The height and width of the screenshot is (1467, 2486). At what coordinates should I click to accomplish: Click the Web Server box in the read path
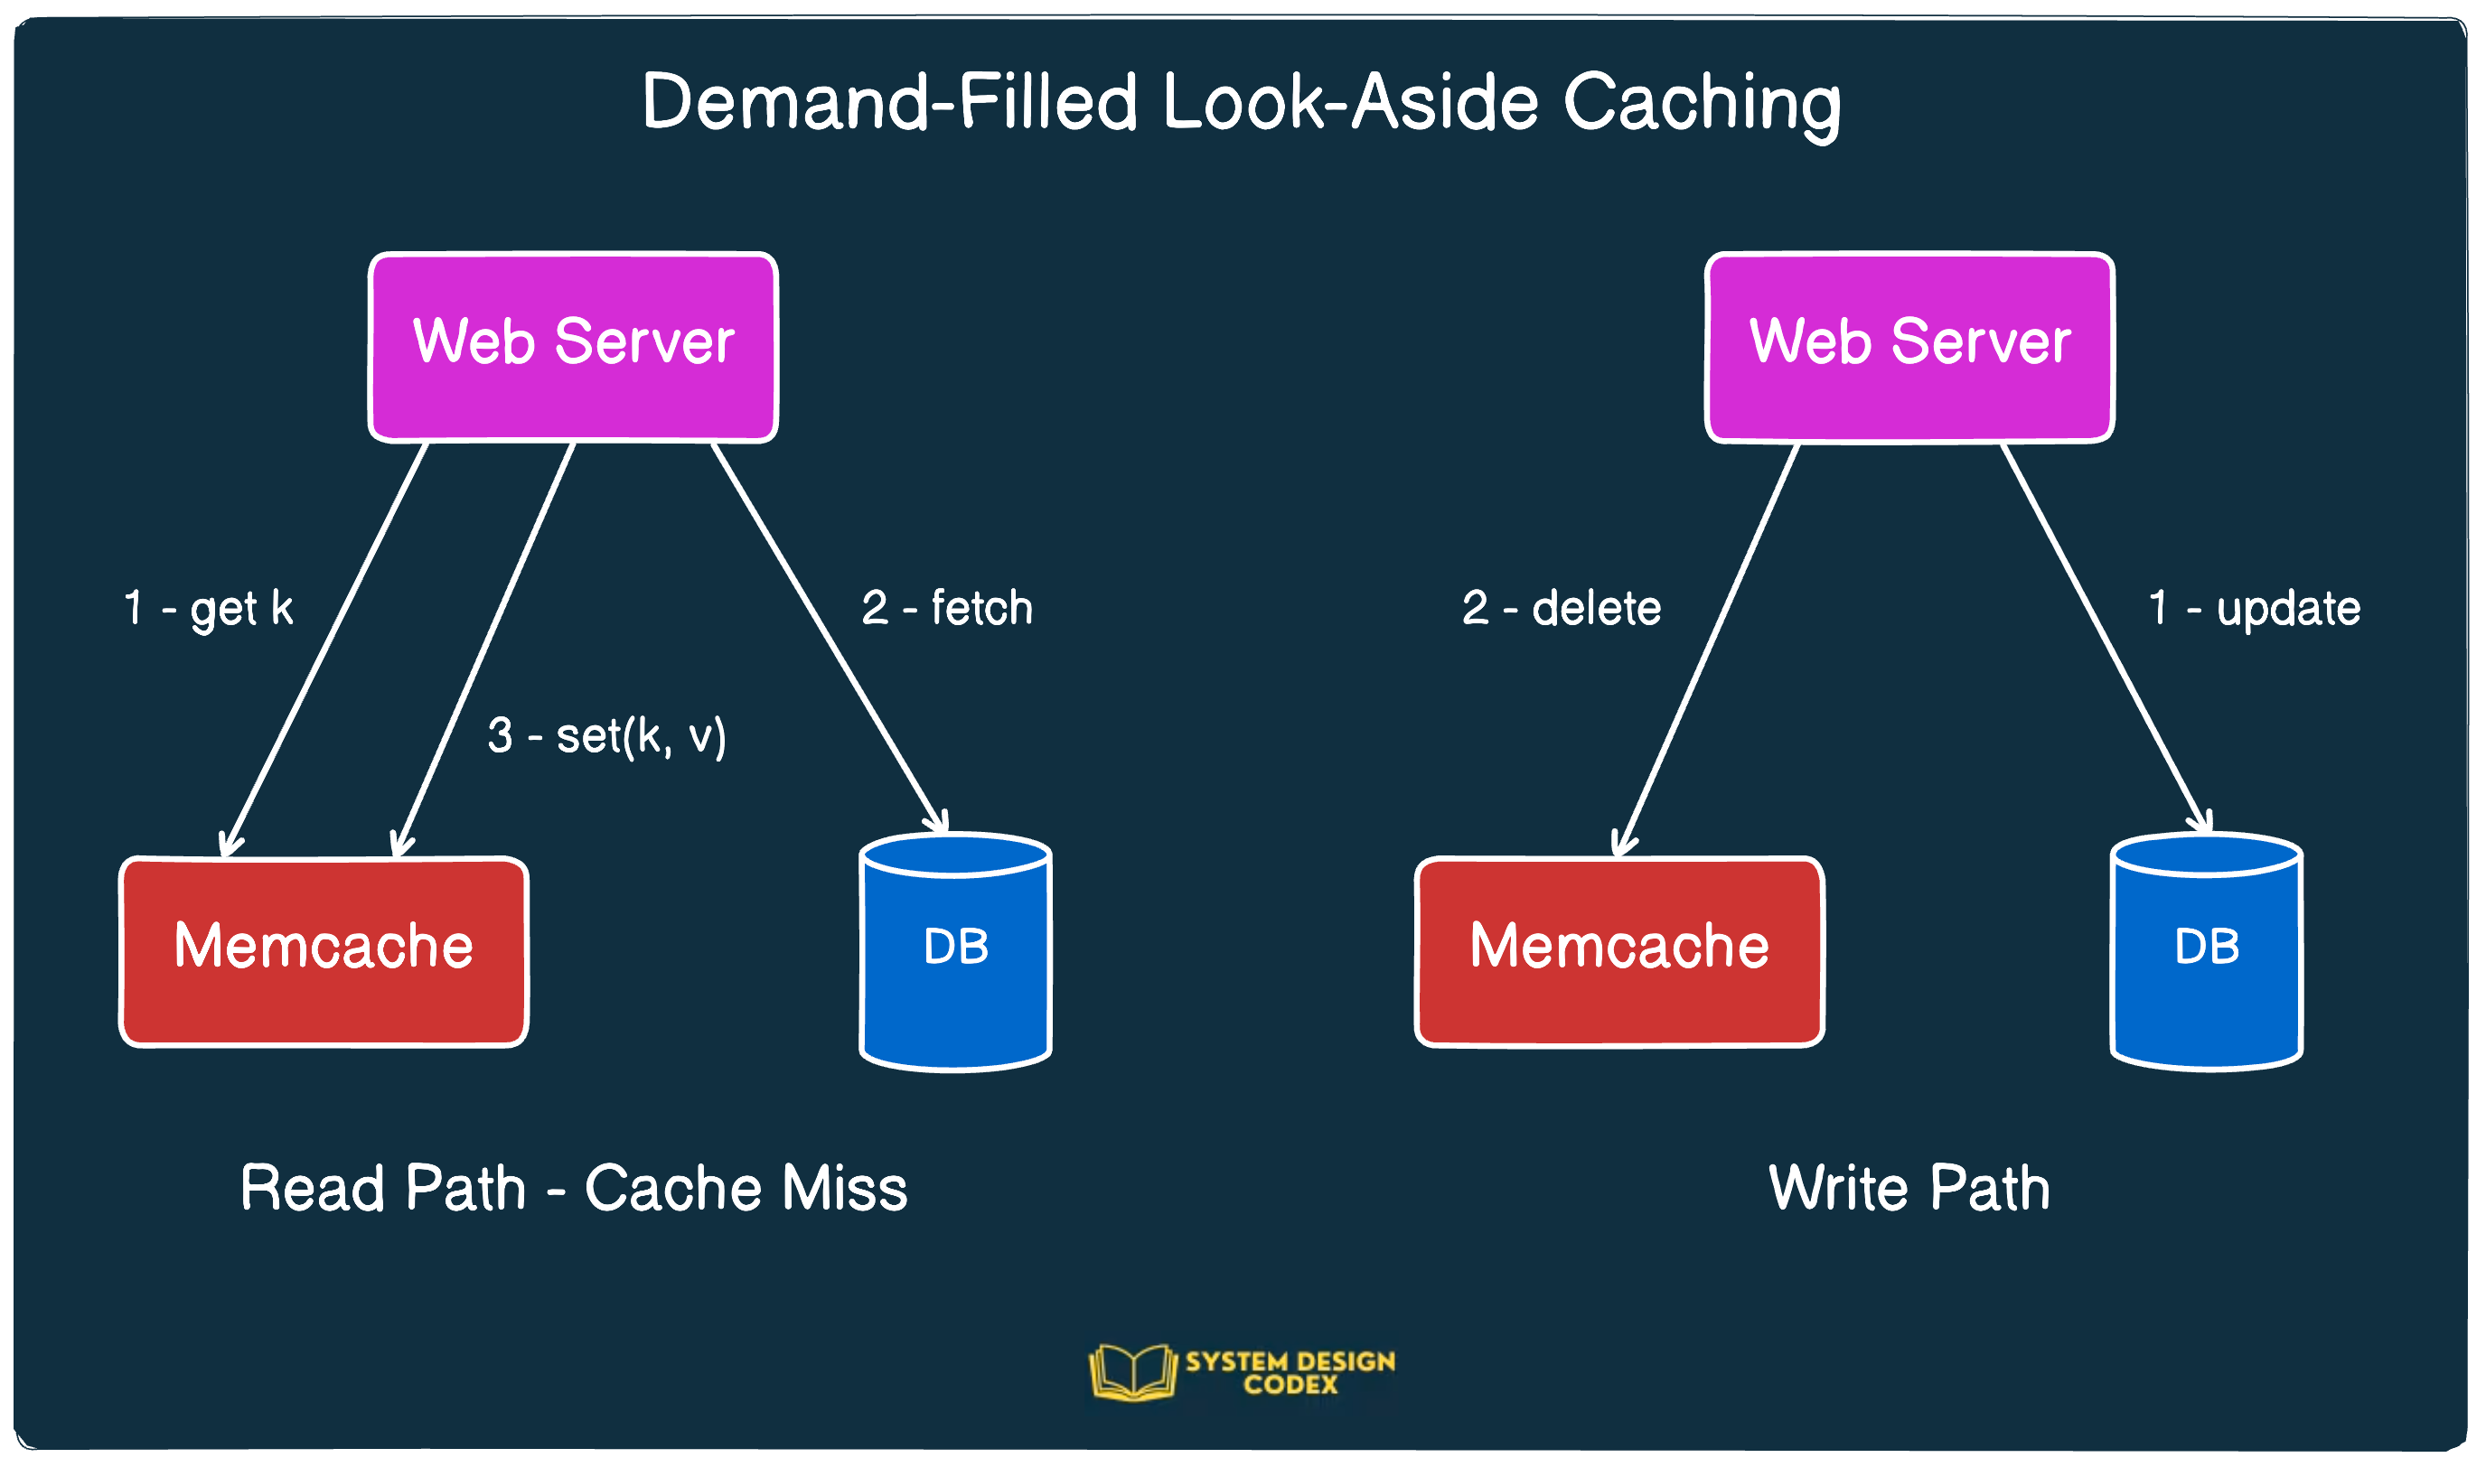point(573,347)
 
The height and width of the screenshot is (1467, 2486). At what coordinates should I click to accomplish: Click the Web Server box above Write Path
point(1909,347)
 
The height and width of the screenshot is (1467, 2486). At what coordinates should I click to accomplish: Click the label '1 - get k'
point(209,608)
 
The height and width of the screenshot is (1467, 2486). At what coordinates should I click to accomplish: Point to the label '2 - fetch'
point(946,607)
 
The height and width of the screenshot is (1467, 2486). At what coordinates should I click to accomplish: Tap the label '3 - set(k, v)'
point(606,735)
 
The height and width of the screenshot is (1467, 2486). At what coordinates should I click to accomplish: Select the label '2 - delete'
point(1561,607)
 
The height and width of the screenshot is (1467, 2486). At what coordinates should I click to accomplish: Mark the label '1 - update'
point(2254,607)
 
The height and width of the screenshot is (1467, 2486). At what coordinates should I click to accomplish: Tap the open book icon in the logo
point(1132,1372)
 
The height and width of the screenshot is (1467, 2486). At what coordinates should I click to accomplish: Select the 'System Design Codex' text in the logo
point(1290,1372)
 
